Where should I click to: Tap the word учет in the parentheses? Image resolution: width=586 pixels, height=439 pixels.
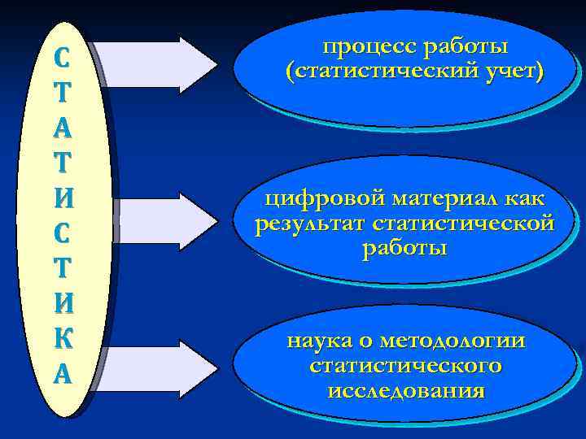click(512, 72)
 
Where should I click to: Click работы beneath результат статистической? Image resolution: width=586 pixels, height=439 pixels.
click(405, 247)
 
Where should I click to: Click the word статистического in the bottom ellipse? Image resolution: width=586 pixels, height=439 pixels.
click(405, 366)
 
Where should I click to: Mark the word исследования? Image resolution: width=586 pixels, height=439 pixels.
click(405, 390)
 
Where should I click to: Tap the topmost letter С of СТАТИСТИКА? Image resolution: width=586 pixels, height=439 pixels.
click(63, 59)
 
